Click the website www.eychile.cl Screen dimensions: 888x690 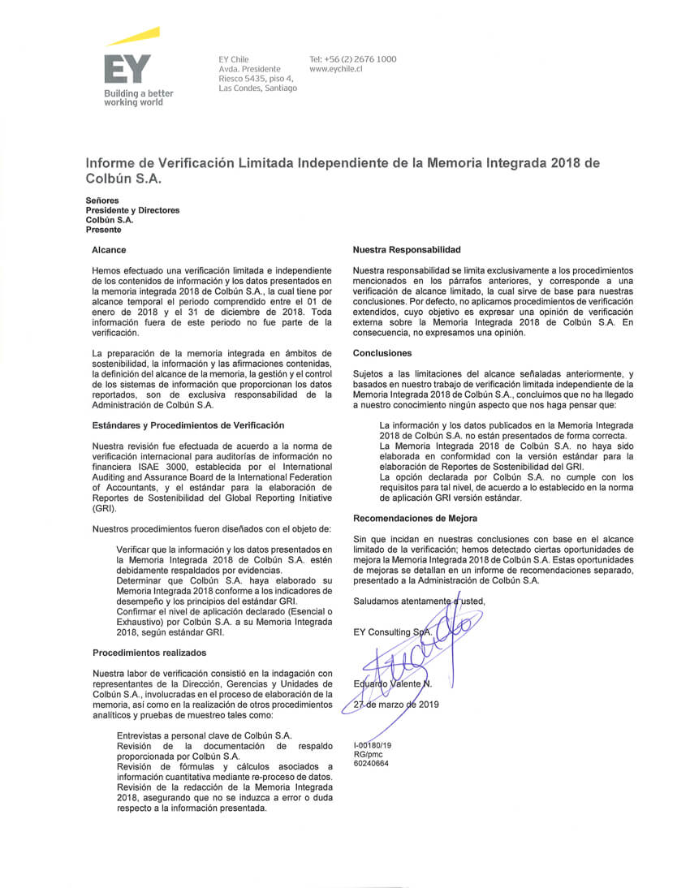click(336, 69)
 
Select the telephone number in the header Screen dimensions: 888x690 click(353, 59)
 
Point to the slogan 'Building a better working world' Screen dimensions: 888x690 click(138, 98)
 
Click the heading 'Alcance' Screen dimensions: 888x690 click(109, 250)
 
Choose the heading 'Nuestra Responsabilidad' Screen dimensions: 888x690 click(406, 250)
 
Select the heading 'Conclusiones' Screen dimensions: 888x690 click(382, 353)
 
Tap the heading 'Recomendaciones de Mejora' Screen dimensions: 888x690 click(415, 518)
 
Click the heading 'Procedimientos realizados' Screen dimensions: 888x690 click(149, 652)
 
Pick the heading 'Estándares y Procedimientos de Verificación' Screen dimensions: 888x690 click(188, 425)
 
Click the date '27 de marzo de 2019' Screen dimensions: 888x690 click(396, 705)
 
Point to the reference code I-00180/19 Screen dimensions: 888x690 click(373, 745)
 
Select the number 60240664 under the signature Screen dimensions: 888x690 click(371, 763)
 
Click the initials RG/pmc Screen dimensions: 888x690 click(368, 754)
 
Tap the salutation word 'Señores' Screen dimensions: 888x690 click(102, 200)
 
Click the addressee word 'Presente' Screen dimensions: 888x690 click(103, 230)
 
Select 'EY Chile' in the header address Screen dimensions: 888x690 click(234, 59)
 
